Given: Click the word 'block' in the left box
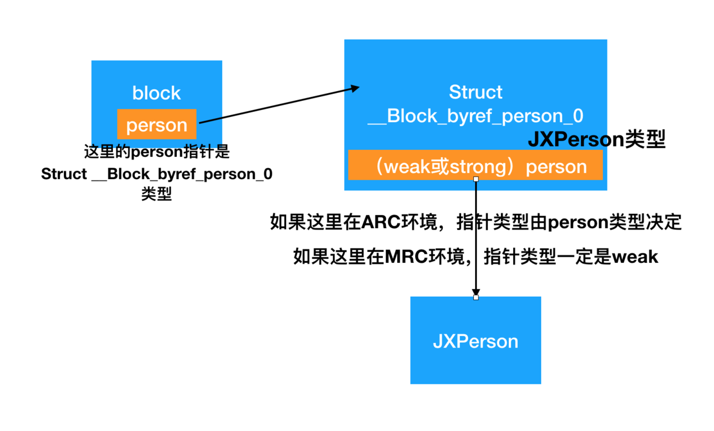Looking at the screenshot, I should pos(156,93).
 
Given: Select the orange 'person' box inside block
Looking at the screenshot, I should pos(157,124).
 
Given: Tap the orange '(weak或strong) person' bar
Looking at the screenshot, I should pos(476,166).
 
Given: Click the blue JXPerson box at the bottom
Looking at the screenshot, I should pos(476,341).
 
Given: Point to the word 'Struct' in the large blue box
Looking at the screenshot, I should pos(476,92).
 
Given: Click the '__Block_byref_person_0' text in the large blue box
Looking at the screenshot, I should pos(476,116).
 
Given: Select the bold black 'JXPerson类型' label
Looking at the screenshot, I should pos(597,140).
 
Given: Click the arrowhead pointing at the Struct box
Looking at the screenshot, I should pos(355,88).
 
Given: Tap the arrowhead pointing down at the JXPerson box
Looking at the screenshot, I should pos(476,290).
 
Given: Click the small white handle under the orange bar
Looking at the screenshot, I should pos(476,179).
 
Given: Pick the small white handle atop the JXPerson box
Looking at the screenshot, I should pos(476,297).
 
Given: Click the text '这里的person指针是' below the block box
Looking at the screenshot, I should pos(157,153).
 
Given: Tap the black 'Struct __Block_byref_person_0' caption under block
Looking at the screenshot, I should pos(157,174).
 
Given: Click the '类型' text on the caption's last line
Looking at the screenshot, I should pos(157,194).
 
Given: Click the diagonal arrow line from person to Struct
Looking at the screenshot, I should pos(276,105).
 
